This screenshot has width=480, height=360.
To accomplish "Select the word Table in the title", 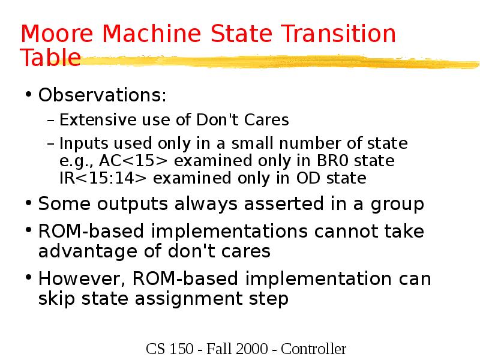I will click(x=50, y=58).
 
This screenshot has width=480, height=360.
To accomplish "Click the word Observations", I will click(x=103, y=95).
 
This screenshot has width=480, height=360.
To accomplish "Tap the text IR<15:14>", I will click(x=104, y=178).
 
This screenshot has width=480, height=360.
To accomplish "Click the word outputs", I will click(x=124, y=204).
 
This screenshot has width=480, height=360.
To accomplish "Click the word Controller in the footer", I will click(x=314, y=349).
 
